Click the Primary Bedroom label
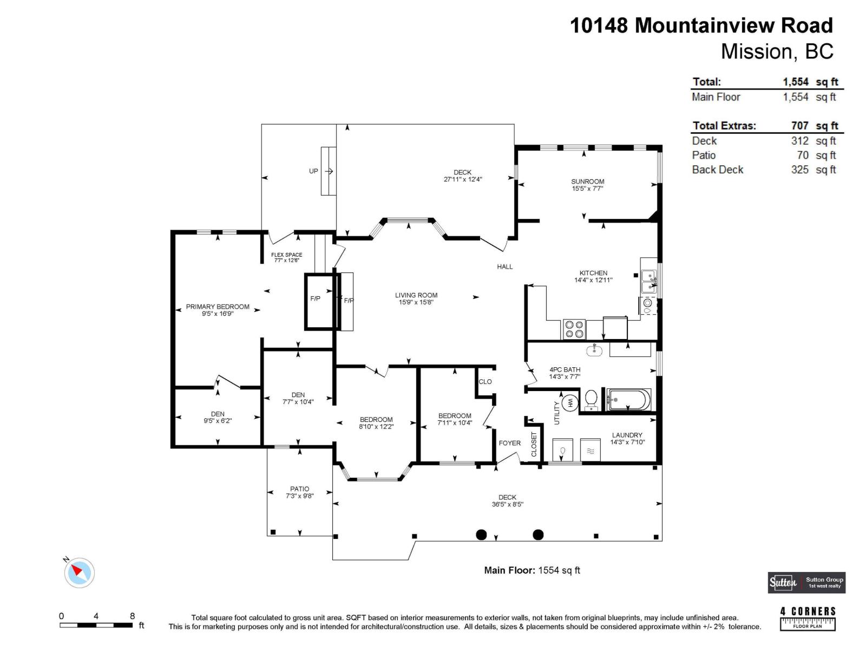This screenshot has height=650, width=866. [218, 307]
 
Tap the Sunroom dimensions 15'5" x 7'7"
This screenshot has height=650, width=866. [587, 188]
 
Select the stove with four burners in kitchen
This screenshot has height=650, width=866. [574, 329]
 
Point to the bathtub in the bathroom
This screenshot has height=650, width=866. [628, 400]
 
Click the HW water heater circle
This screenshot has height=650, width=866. [570, 402]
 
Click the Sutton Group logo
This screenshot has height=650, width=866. [806, 583]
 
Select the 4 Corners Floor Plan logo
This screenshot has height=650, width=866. [808, 618]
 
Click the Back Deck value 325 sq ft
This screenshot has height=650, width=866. [813, 170]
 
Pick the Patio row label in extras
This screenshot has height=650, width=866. [704, 155]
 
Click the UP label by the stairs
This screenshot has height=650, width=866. [313, 171]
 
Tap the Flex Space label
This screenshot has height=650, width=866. [287, 255]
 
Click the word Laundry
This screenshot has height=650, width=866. [627, 435]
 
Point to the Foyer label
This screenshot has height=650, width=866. [509, 443]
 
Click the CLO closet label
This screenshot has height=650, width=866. [485, 381]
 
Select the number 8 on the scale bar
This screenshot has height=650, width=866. [133, 616]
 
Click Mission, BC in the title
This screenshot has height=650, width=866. [777, 51]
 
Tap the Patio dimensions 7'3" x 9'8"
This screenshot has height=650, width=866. [299, 495]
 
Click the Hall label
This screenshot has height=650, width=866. [504, 266]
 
